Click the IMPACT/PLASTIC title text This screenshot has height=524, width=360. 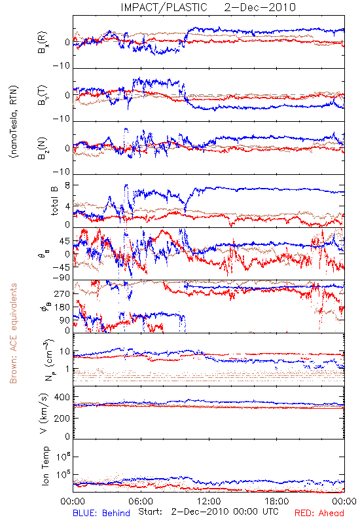pos(164,7)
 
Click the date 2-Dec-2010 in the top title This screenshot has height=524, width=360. pos(260,7)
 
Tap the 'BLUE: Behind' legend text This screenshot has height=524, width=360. pos(101,513)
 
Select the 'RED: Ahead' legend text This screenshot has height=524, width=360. pos(319,513)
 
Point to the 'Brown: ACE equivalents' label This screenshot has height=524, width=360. pos(13,333)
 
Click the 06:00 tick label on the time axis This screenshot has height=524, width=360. pos(141,501)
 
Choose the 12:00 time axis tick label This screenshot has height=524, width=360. pos(209,501)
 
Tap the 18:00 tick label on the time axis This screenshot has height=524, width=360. pos(277,501)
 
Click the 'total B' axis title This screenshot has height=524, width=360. pos(54,201)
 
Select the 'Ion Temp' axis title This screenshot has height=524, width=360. pos(46,466)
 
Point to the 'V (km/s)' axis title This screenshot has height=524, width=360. pos(44,413)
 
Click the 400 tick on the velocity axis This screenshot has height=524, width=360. pos(62,397)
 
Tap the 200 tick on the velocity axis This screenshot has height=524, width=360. pos(62,418)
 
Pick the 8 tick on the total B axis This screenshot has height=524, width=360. pos(67,185)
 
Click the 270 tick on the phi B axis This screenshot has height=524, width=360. pos(62,293)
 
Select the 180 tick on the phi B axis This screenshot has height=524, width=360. pos(62,307)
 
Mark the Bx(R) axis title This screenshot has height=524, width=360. pos(43,43)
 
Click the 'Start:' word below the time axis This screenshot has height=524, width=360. pos(151,512)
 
